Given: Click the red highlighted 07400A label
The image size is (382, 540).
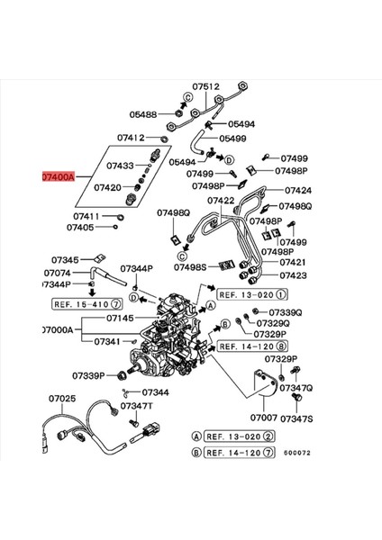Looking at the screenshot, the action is coord(59,177).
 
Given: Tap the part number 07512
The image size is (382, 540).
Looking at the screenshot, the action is coord(205,86).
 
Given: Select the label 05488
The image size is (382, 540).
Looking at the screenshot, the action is coord(143,114).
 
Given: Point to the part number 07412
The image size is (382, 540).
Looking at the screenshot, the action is coord(131,138).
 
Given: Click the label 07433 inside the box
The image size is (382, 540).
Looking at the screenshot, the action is coord(120,166).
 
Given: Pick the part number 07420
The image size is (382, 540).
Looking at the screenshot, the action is coord(108,188).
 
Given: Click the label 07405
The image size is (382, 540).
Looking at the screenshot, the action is coord(80,228).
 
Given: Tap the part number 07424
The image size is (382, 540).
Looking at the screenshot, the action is coord(298,190).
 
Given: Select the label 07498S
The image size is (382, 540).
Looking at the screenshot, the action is coord(190,267).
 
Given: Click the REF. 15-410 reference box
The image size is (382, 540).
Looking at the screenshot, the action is coord(86,304).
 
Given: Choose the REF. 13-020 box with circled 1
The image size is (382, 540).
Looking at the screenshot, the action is coord(252,295).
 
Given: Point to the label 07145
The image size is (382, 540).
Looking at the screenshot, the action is coord(120,318).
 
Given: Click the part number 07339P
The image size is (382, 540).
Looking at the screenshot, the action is coord(88,375).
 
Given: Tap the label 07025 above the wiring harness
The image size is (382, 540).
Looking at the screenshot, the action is coord(62,399).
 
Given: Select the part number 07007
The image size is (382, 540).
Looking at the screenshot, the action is coord(264,418).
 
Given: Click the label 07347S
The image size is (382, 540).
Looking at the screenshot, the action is coord(296,418).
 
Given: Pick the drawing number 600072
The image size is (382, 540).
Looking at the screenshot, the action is coord(297,453).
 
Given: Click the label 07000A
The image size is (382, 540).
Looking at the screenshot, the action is coord(58,330).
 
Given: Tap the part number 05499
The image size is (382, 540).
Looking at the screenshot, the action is coord(232,139).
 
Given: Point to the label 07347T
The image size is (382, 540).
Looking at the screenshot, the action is coord(137,406).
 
